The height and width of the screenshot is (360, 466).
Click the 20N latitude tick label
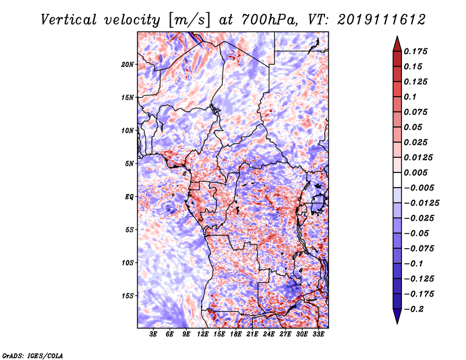128,65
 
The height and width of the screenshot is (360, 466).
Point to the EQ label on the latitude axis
129,197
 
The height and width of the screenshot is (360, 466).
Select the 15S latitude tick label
128,296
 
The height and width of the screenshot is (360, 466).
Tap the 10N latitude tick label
128,130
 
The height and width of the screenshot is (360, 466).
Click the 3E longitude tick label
153,334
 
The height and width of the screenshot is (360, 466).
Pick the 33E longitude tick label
318,334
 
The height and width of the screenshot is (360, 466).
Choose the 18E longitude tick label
236,334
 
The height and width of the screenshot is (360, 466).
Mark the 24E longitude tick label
269,334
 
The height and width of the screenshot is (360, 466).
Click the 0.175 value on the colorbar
415,51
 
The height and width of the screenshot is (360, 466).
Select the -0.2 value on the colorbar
414,309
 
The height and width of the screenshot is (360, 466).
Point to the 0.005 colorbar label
415,172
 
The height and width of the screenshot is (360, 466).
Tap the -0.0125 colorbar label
421,203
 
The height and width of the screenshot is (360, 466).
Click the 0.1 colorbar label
410,97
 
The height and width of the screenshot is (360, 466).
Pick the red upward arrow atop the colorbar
397,44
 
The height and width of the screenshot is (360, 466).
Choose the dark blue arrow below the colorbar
397,316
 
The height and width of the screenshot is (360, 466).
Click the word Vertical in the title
69,20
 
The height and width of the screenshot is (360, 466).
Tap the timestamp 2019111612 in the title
382,20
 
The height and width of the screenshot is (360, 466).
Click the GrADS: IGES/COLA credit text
33,356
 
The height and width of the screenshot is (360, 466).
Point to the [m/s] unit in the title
189,20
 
